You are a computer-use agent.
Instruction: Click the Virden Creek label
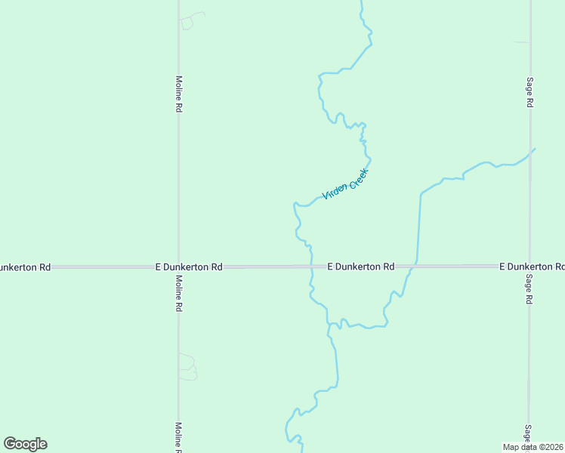(344, 184)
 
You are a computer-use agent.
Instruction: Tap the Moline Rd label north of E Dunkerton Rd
(179, 94)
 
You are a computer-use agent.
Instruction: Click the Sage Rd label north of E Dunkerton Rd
(530, 92)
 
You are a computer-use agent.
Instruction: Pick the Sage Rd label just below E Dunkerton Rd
(530, 288)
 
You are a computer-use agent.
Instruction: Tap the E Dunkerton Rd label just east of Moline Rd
(189, 267)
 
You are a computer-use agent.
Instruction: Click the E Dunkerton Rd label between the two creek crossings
(361, 267)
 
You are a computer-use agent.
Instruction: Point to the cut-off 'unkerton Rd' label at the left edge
(25, 267)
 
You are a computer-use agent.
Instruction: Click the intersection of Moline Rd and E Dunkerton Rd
(178, 267)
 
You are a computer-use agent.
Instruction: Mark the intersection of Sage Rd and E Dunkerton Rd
(530, 267)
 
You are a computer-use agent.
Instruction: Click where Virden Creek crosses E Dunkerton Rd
(311, 267)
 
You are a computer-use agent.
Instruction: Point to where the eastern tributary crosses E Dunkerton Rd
(412, 267)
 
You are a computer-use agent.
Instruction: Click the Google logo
(25, 444)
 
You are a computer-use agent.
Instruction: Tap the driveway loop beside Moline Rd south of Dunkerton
(188, 367)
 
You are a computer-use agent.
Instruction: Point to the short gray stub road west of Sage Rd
(522, 42)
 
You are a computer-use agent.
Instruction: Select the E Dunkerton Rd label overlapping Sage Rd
(532, 267)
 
